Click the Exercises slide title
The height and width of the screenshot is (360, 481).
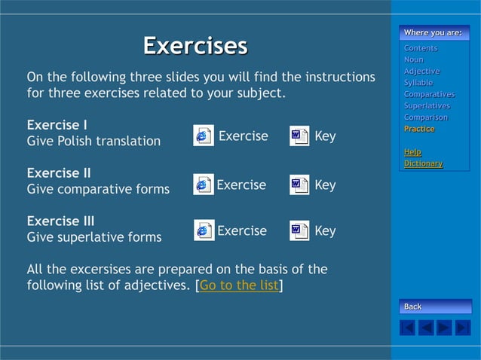(195, 46)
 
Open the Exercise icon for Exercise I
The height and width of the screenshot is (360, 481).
(203, 136)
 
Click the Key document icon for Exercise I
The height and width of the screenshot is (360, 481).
(299, 136)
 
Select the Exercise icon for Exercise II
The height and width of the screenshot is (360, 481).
(203, 185)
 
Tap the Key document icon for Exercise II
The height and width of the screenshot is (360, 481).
(299, 185)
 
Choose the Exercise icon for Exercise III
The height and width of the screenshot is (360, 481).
(204, 230)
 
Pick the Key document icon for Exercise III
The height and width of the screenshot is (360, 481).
(299, 230)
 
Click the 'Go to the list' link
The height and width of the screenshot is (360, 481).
(239, 285)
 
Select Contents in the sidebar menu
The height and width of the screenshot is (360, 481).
(420, 48)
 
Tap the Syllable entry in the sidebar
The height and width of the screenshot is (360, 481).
(418, 83)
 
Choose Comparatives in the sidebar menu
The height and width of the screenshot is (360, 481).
(429, 94)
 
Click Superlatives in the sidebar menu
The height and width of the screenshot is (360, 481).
(427, 106)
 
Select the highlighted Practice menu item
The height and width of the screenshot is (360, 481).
(418, 129)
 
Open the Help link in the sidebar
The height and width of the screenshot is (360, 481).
(412, 152)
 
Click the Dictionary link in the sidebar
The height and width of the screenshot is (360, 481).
(423, 163)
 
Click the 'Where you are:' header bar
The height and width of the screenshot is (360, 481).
(434, 32)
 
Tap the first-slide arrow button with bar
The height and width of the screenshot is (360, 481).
(407, 328)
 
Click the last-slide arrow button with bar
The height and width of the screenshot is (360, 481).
(463, 328)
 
